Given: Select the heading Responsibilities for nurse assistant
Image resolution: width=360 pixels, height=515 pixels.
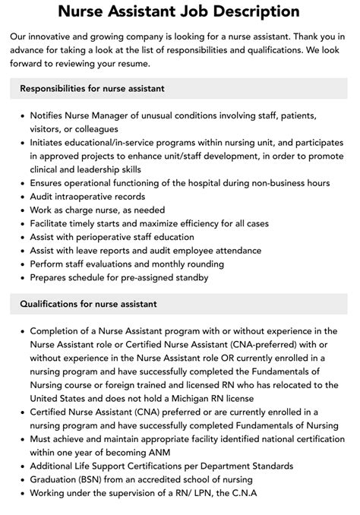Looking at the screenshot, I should pyautogui.click(x=93, y=89).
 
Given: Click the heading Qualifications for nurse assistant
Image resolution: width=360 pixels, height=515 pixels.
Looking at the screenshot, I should pyautogui.click(x=89, y=304).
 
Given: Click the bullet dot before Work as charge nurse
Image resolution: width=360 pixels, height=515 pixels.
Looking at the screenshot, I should pyautogui.click(x=22, y=210).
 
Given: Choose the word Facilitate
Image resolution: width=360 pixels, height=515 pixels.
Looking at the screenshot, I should pyautogui.click(x=54, y=224).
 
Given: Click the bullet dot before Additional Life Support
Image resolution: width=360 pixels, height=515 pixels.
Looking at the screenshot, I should pyautogui.click(x=22, y=466).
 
